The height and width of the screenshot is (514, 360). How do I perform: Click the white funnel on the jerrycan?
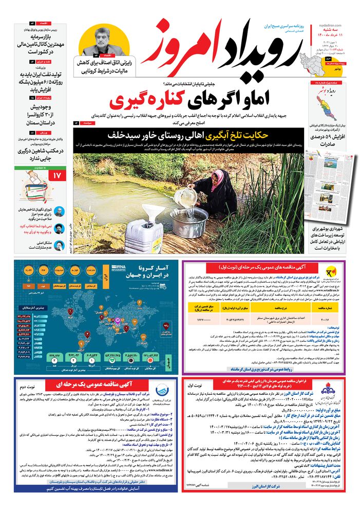tap(153, 211)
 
